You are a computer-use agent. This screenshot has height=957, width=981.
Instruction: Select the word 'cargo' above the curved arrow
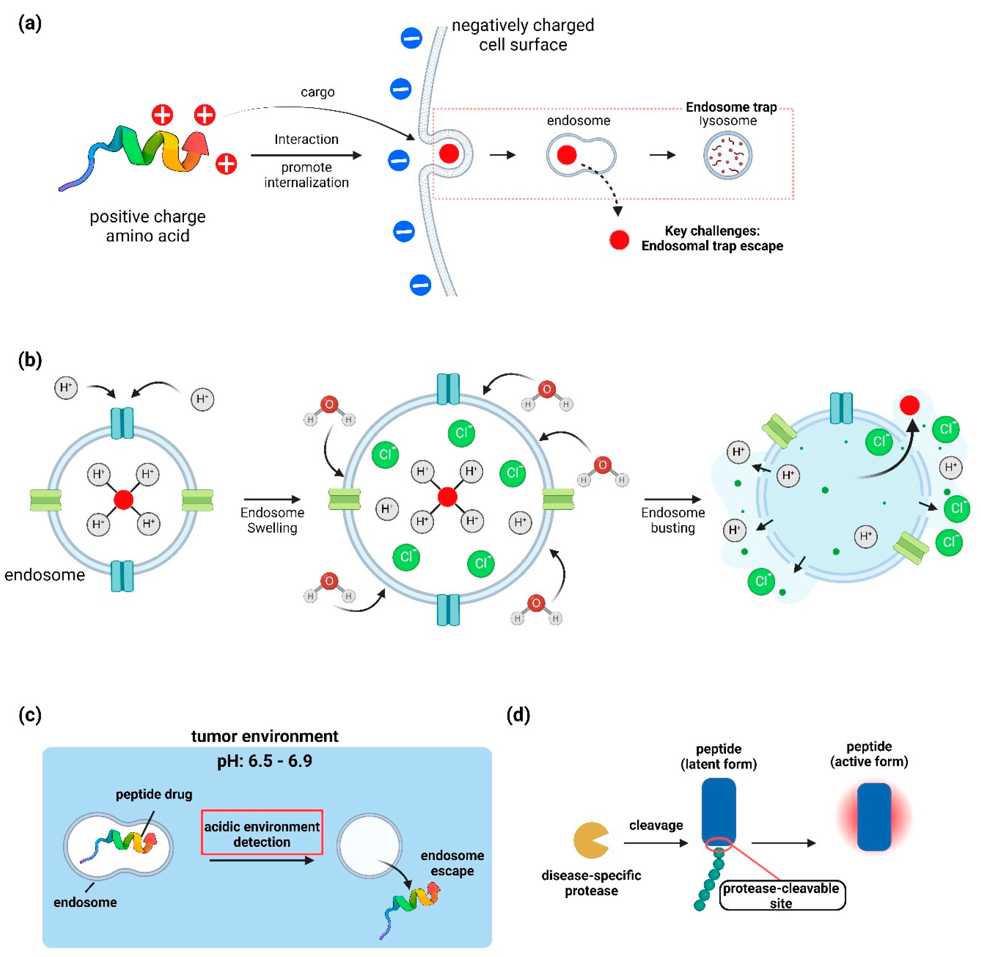coord(318,92)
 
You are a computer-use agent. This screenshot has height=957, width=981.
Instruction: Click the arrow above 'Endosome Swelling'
coord(272,499)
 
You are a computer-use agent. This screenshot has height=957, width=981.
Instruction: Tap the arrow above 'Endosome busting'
coord(673,499)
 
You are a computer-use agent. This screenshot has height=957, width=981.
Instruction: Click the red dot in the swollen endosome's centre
coord(447,497)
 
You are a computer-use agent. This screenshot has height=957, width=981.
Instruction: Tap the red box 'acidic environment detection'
coord(262,832)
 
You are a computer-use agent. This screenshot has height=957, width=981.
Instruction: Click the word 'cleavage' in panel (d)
coord(656,825)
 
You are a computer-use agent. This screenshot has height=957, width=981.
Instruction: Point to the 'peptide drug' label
coord(154,795)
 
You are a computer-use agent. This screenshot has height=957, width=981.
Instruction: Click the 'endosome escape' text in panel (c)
coord(452,863)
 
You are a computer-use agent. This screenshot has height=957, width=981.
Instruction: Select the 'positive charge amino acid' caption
coord(148,226)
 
